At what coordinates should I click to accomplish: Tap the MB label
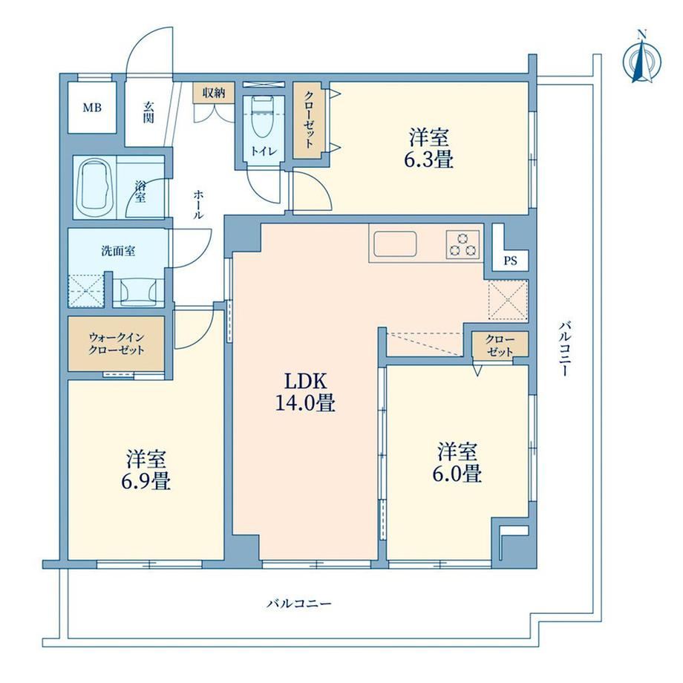[92, 107]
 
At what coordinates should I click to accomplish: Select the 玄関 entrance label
[148, 112]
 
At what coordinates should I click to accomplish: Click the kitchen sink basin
[395, 244]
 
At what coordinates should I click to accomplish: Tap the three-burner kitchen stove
[463, 244]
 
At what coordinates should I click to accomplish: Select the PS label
[510, 261]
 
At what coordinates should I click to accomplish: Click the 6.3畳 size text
[428, 160]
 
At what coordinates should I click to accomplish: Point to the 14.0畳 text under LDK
[305, 402]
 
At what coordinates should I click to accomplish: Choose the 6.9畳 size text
[146, 481]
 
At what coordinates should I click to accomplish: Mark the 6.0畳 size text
[457, 473]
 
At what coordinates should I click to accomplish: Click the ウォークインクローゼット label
[117, 344]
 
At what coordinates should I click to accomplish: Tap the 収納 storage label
[214, 92]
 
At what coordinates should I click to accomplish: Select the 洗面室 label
[118, 251]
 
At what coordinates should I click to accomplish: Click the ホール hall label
[198, 204]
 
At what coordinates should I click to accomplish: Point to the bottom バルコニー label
[299, 604]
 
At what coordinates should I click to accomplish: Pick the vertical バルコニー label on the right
[565, 348]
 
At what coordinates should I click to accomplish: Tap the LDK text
[305, 382]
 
